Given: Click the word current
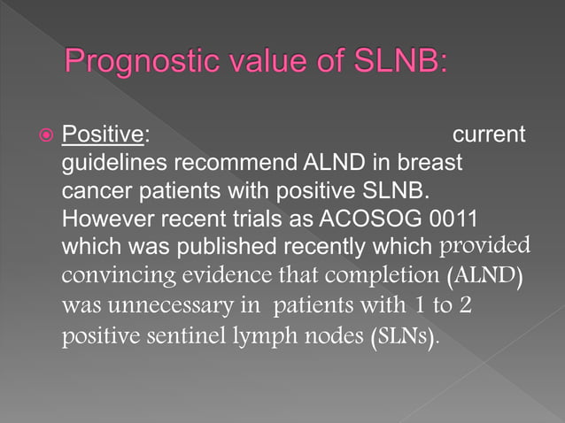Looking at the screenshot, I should click(x=489, y=135).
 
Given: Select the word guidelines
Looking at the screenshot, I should click(x=113, y=164).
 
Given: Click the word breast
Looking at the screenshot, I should click(x=428, y=164).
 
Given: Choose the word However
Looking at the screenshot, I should click(x=100, y=219).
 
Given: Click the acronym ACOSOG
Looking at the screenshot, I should click(x=382, y=219).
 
